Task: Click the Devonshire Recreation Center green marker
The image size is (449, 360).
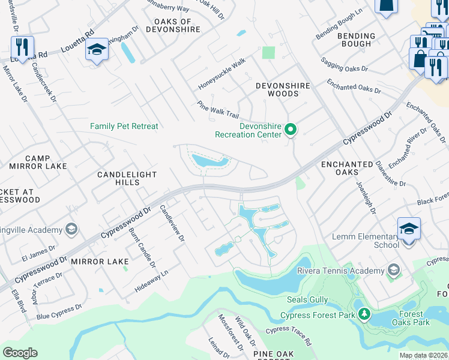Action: (x=291, y=130)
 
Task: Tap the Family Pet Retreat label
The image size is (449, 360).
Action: (x=124, y=126)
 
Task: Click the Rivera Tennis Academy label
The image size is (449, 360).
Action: (x=340, y=271)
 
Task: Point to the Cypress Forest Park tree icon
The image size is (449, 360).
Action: (x=364, y=314)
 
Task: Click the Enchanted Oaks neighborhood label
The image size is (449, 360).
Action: (x=347, y=168)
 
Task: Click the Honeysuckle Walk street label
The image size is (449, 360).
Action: (x=222, y=75)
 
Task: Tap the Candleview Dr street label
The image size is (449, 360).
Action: (x=171, y=223)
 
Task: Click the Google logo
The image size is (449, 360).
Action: (x=20, y=352)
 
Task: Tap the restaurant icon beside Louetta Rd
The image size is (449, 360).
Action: (x=22, y=48)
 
